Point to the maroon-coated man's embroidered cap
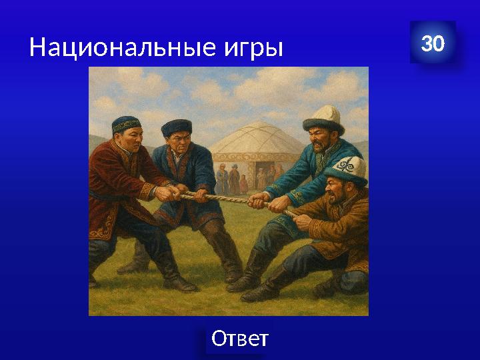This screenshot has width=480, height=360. tap(126, 124)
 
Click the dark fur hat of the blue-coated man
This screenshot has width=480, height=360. tap(177, 127)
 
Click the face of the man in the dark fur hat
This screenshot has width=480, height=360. tap(175, 144)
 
